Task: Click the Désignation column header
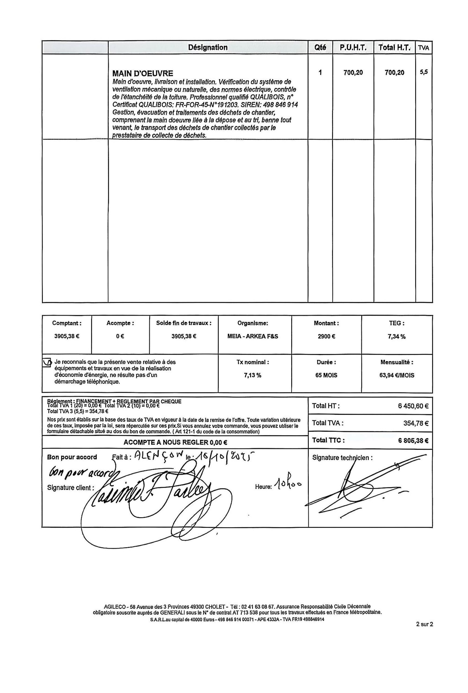pos(208,47)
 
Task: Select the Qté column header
pos(320,47)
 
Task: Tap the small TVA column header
pos(424,48)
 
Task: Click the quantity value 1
pos(320,72)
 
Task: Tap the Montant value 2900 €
pos(326,336)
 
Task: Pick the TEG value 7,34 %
pos(397,337)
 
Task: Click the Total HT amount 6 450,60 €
pos(413,406)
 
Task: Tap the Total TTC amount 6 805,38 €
pos(413,440)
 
